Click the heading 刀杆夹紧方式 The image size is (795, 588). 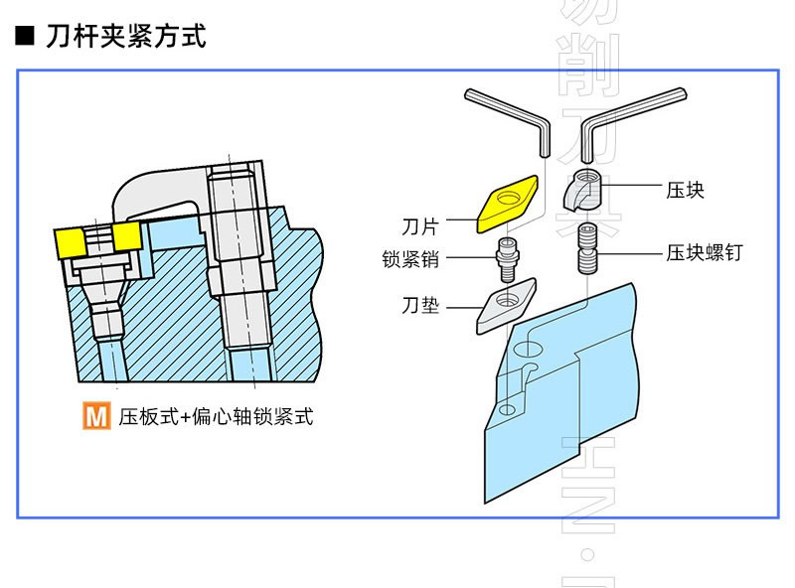tap(125, 38)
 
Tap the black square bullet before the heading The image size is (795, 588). tap(25, 38)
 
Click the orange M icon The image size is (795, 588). tap(95, 416)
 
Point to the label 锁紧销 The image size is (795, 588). tap(410, 261)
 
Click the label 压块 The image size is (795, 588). tap(686, 189)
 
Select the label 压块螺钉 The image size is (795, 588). tap(704, 253)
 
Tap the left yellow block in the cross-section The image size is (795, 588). tap(72, 240)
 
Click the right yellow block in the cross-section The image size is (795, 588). tap(126, 235)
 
